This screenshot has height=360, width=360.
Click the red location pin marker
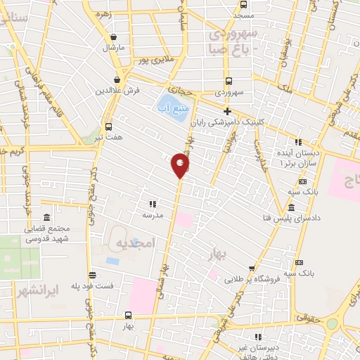tap(181, 165)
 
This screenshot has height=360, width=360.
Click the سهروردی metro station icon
tap(229, 80)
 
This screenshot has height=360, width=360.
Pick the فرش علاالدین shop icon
tap(117, 80)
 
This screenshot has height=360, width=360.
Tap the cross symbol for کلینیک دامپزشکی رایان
tap(227, 111)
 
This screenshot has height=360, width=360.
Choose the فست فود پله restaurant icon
tap(92, 275)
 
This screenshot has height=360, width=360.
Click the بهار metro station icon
tap(127, 315)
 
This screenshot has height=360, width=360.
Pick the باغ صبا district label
tap(230, 49)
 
